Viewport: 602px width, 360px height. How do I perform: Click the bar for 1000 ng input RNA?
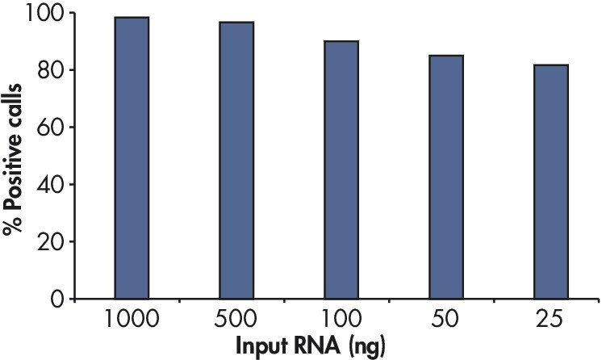pyautogui.click(x=132, y=157)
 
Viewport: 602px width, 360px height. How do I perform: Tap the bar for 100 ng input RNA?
pyautogui.click(x=341, y=170)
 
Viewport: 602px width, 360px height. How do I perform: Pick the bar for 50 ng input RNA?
pyautogui.click(x=446, y=177)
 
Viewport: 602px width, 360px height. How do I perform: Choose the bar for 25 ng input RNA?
pyautogui.click(x=551, y=182)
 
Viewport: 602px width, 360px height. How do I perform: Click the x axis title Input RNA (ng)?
pyautogui.click(x=311, y=347)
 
